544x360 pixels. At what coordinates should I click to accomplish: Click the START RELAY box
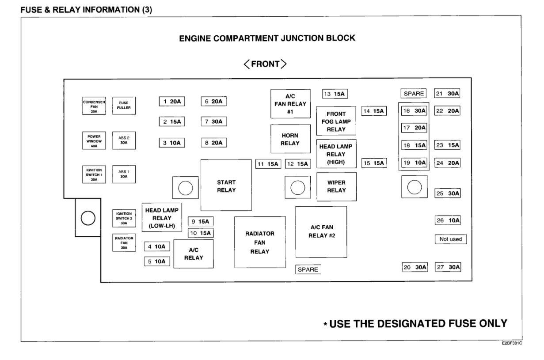(x=226, y=186)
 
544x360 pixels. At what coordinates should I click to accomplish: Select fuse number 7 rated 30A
(x=214, y=121)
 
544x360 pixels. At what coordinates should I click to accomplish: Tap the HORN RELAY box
(x=290, y=139)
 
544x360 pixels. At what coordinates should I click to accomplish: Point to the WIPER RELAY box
(x=336, y=186)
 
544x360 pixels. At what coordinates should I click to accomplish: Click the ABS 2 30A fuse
(x=124, y=140)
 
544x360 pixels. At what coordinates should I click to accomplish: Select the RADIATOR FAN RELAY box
(x=260, y=242)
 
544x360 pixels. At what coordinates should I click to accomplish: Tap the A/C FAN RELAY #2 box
(x=321, y=232)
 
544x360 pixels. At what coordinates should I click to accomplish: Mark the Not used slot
(x=450, y=239)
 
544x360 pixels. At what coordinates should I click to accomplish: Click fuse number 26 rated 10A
(x=448, y=220)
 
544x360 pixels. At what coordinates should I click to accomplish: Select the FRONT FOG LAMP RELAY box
(x=336, y=121)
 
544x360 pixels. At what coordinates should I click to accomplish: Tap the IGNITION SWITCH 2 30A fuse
(x=124, y=218)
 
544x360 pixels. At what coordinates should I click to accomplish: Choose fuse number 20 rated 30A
(x=415, y=267)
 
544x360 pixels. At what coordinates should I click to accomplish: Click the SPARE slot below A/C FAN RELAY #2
(x=308, y=269)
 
